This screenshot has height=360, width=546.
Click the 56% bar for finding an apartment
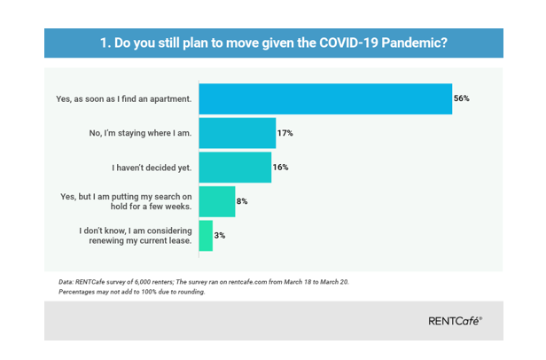[325, 98]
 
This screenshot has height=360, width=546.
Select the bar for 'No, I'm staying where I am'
[237, 132]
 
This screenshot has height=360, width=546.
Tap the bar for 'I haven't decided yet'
[235, 167]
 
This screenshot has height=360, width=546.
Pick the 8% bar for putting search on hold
[217, 201]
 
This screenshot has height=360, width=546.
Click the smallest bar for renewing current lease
[206, 235]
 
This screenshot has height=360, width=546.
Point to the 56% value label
[461, 98]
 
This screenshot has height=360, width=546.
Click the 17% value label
[285, 132]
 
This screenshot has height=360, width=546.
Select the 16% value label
[281, 167]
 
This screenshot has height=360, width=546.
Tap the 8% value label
[242, 201]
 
